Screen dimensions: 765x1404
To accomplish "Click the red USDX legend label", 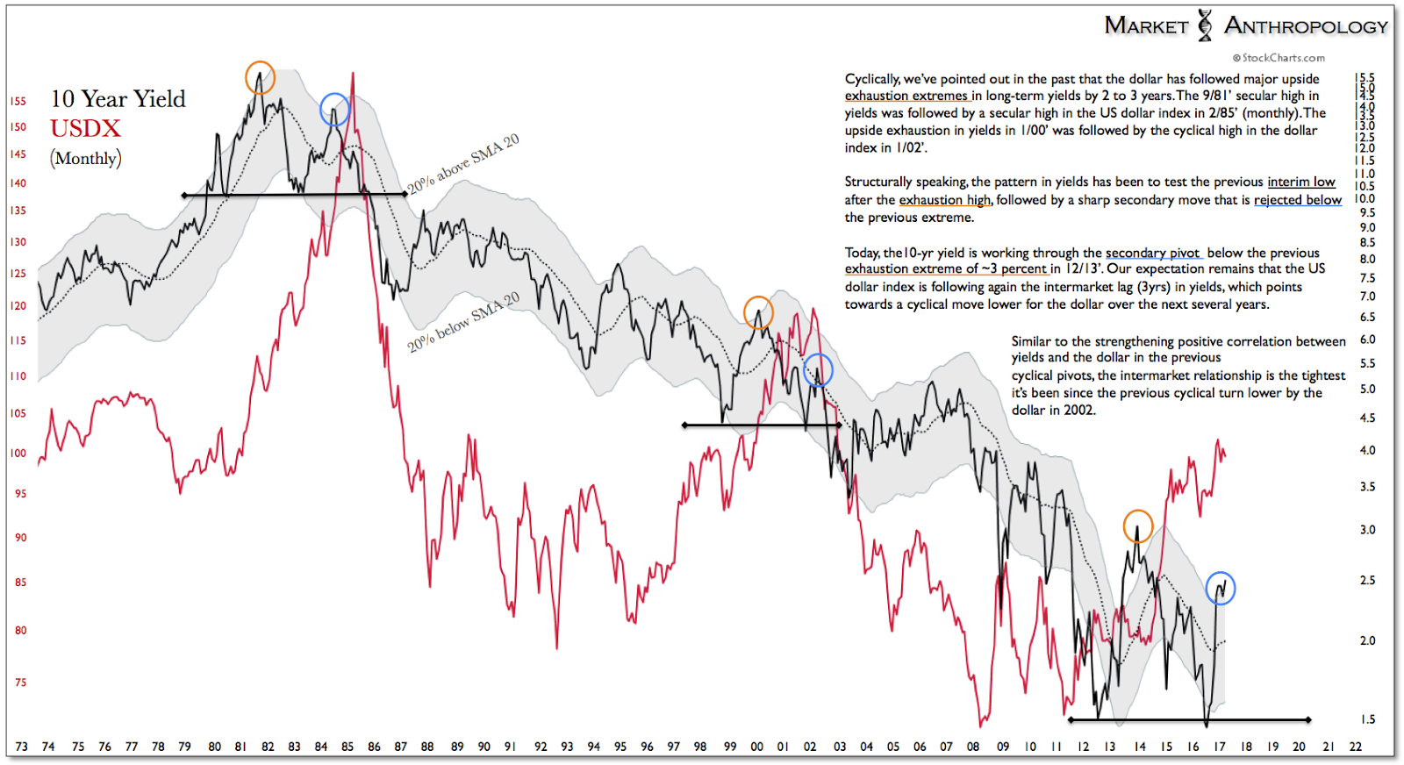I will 85,128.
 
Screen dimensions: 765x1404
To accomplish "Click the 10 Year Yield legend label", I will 118,98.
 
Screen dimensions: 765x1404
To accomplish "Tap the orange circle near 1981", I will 260,78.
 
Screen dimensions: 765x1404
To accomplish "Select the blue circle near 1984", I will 334,110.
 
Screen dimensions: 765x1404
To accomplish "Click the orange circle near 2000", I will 758,312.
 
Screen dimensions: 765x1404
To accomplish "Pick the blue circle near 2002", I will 818,370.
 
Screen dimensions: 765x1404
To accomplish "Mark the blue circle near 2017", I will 1220,588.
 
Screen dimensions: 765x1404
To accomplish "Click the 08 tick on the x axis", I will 972,747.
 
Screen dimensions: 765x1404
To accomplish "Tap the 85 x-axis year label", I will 347,747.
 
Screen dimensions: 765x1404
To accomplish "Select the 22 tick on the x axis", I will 1355,747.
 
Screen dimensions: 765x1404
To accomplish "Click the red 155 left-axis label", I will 18,101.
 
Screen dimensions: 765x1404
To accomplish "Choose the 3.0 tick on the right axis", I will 1367,530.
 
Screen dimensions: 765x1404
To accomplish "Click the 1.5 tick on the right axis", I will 1367,719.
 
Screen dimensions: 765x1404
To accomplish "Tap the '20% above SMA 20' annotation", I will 462,164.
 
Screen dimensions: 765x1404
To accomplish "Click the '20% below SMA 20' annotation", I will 462,322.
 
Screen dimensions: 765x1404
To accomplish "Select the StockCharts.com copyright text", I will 1279,58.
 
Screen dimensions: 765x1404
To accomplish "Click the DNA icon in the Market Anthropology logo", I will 1205,25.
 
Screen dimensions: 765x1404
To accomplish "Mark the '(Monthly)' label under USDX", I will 85,158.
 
